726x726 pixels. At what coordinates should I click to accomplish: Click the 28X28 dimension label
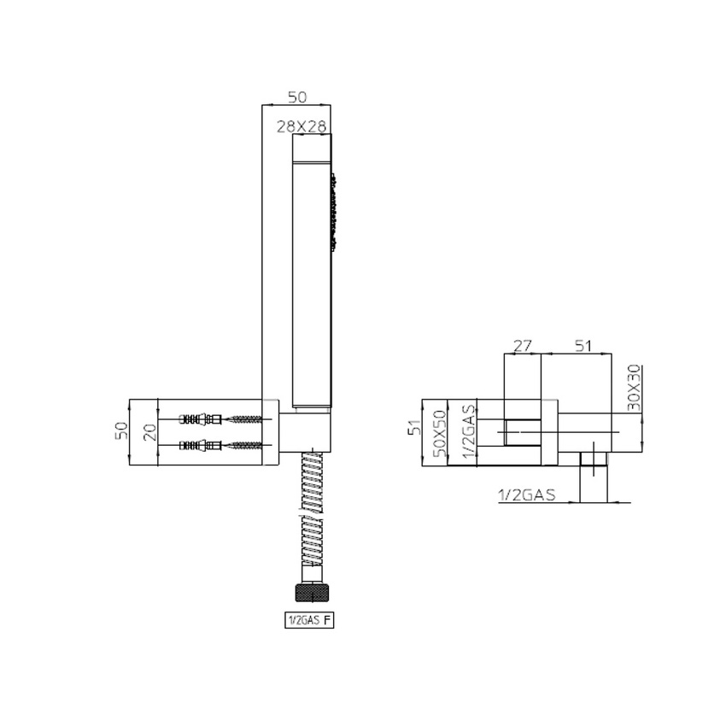[x=302, y=126]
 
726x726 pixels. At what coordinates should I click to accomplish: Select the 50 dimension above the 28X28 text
[x=296, y=97]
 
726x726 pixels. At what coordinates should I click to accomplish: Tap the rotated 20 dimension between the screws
[x=150, y=431]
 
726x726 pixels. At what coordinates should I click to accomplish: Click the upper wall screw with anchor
[x=227, y=419]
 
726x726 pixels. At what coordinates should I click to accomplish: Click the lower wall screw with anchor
[x=227, y=445]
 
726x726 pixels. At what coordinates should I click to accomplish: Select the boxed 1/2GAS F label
[x=308, y=621]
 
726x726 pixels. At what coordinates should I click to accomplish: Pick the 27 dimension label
[x=522, y=346]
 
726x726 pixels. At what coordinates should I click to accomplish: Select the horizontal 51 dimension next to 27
[x=583, y=346]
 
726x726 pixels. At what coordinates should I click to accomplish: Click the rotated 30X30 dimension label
[x=635, y=389]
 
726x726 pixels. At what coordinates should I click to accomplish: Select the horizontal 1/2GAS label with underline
[x=525, y=495]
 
